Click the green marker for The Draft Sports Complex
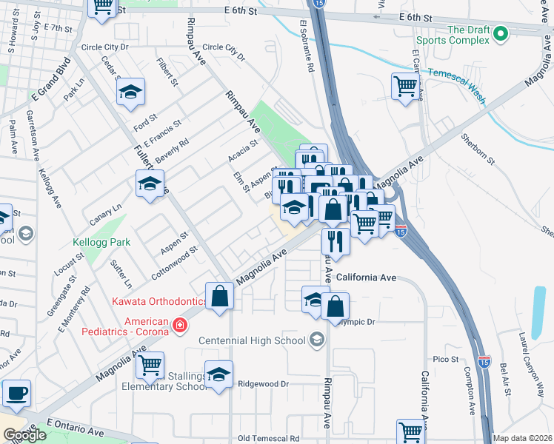pos(500,33)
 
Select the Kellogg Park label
pos(102,242)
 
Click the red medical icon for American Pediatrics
pos(178,326)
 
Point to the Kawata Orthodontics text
pos(160,301)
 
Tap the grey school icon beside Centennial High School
pos(316,340)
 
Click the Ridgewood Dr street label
pos(263,384)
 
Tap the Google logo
pos(24,435)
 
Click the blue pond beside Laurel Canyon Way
pos(539,311)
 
